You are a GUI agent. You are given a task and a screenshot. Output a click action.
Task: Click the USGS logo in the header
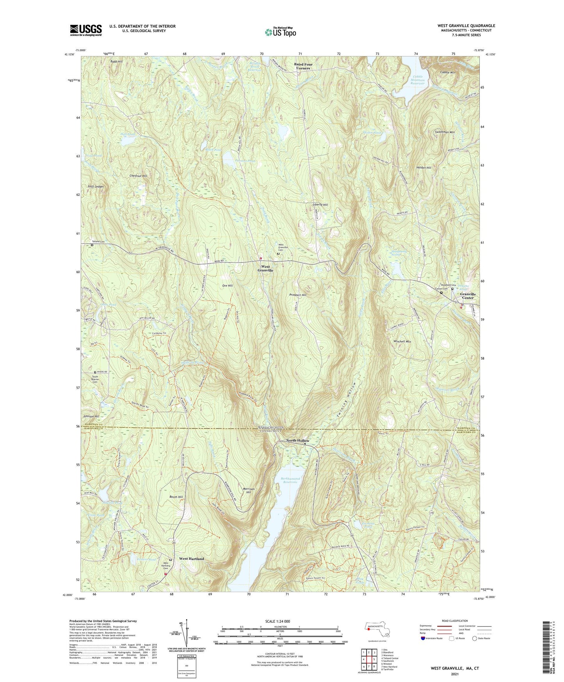(86, 30)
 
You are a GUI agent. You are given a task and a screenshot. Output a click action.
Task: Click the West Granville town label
(265, 268)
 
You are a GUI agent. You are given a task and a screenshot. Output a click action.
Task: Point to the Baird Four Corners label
(303, 66)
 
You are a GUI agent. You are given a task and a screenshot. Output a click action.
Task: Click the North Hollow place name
(298, 441)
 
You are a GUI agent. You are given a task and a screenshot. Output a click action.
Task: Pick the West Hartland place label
(191, 559)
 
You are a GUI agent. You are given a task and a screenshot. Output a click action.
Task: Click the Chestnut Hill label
(138, 176)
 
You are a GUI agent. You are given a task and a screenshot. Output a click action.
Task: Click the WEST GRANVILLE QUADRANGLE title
(466, 26)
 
